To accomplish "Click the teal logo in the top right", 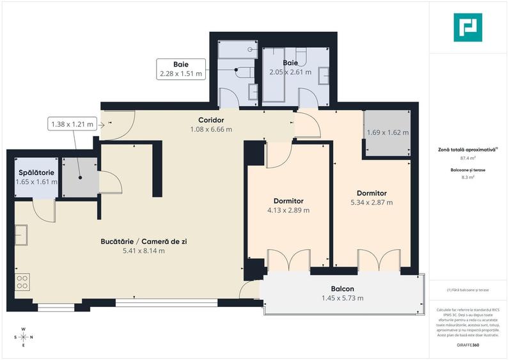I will click(467, 27).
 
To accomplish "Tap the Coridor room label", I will click(211, 120).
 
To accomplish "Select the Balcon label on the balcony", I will click(343, 288).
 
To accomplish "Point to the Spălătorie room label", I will click(36, 173).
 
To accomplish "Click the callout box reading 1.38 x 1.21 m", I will click(72, 124).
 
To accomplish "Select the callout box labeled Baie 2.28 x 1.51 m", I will click(181, 69).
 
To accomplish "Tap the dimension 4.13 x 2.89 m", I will click(288, 210).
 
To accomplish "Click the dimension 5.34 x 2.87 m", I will click(371, 202).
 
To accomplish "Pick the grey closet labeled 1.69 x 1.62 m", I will click(388, 133).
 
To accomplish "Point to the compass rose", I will click(24, 337).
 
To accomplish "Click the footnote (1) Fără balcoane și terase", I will click(469, 290).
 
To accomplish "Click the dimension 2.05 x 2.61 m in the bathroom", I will click(290, 72).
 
